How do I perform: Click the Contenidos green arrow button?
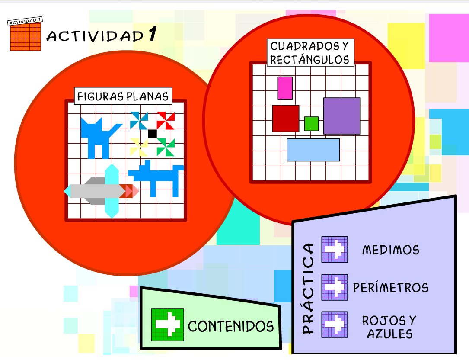click(167, 324)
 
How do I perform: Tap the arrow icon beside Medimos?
click(335, 249)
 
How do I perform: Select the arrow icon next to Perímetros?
click(335, 287)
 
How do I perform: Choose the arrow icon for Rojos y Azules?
click(335, 325)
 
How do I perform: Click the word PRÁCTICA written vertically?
click(308, 289)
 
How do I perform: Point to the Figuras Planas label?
click(123, 96)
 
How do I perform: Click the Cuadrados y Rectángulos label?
click(309, 53)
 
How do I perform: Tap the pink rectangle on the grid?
click(285, 88)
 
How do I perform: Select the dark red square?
click(285, 118)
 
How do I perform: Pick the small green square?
click(311, 124)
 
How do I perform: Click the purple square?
click(341, 116)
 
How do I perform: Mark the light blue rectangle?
click(313, 150)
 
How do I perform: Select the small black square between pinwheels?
click(152, 134)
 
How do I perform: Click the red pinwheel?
click(165, 120)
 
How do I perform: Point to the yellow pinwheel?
click(139, 147)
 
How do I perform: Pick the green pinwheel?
click(166, 147)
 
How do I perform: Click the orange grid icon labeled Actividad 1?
click(26, 35)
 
